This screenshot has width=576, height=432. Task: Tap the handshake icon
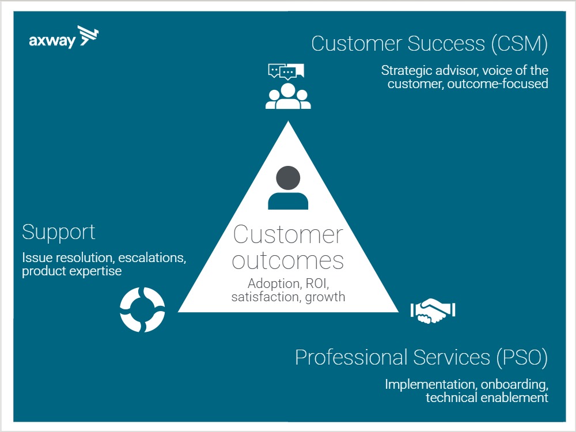point(433,312)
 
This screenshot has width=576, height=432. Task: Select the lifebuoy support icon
point(142,310)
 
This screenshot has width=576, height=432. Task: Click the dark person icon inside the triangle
point(288,188)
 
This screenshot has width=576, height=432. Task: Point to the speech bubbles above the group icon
point(286,72)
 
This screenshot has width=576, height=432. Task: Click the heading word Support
point(59,233)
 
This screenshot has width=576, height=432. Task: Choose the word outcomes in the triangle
point(288,260)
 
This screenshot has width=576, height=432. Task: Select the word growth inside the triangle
point(325,297)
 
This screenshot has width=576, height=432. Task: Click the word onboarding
point(516,384)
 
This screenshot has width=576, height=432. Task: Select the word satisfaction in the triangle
point(266,297)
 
